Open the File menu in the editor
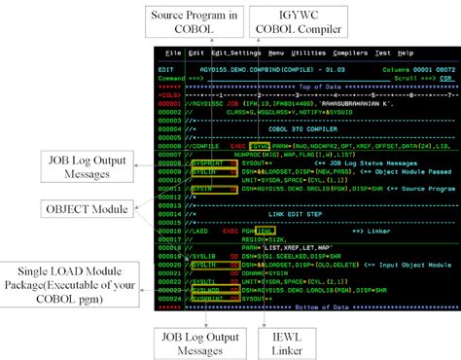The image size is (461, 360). [169, 53]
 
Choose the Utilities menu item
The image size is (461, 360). [308, 53]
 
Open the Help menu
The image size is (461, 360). [405, 53]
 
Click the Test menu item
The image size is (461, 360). [382, 53]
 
